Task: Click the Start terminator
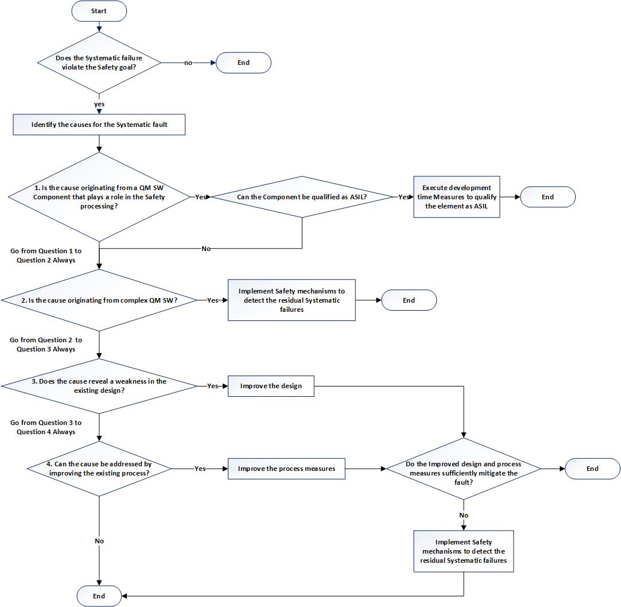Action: [99, 11]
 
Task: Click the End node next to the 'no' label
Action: [243, 63]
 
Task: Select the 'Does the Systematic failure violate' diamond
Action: [99, 62]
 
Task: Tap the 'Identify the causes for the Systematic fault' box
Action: [99, 125]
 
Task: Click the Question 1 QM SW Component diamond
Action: [99, 196]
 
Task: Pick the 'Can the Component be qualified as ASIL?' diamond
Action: [302, 196]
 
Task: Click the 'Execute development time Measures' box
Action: [456, 196]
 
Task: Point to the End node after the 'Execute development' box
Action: [548, 196]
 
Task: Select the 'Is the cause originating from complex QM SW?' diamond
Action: [99, 300]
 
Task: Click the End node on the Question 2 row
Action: [409, 300]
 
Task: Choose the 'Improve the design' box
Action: [271, 386]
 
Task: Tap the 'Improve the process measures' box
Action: [286, 469]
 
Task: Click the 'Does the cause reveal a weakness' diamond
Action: [99, 386]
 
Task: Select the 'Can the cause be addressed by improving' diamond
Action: [99, 469]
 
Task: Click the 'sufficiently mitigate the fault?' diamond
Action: [463, 469]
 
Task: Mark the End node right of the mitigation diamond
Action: [592, 469]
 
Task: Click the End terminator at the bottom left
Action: [99, 596]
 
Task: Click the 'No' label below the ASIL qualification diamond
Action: [205, 249]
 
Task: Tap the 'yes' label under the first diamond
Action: [99, 104]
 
